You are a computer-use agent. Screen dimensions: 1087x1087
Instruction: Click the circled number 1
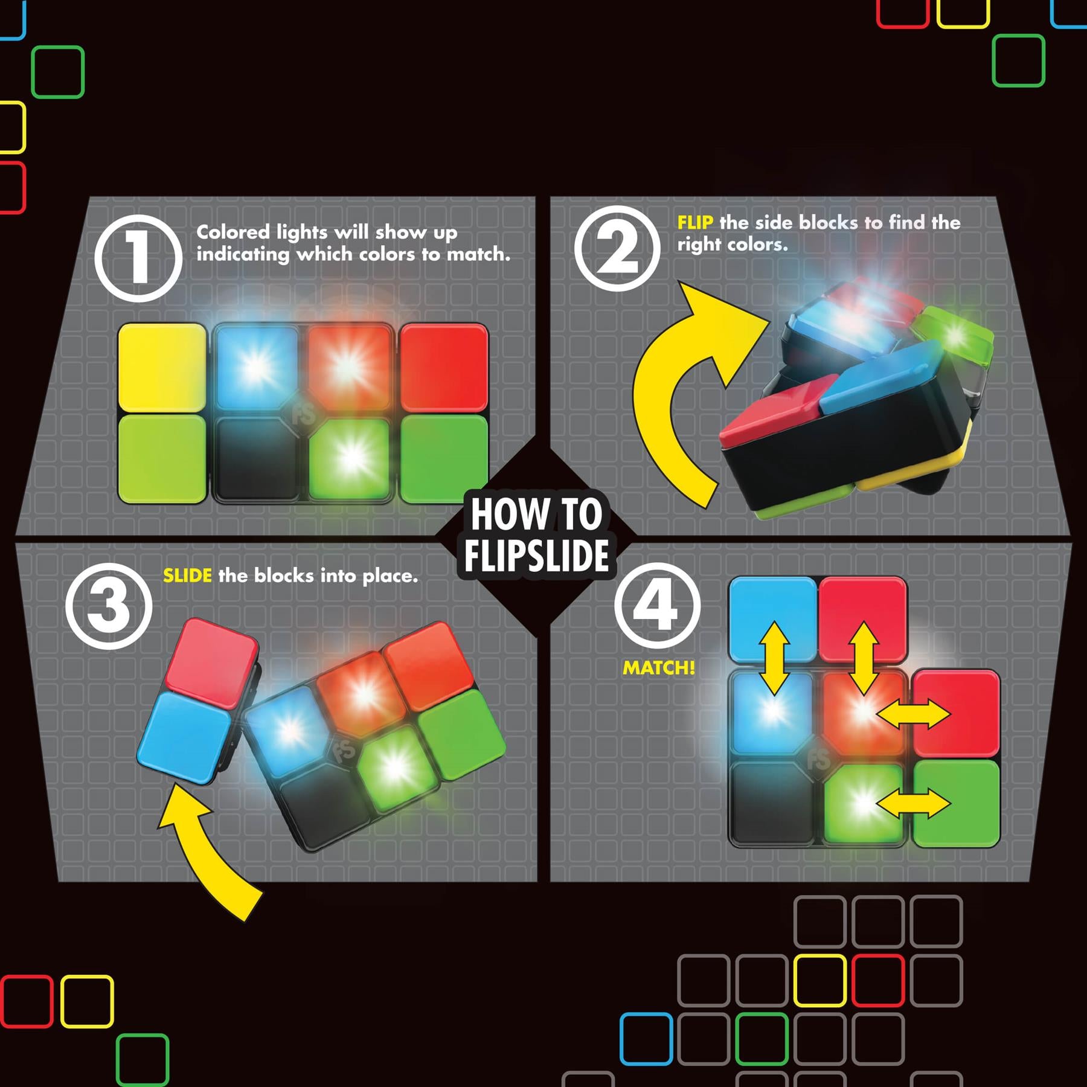(x=138, y=258)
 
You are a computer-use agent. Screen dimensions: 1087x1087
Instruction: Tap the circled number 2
(x=617, y=248)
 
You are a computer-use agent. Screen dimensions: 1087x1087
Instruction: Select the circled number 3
(x=109, y=606)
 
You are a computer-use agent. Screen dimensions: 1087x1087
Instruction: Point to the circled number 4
(x=658, y=606)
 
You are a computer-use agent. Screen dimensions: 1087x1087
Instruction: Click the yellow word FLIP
(x=695, y=223)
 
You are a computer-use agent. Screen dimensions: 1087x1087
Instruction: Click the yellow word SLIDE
(x=187, y=576)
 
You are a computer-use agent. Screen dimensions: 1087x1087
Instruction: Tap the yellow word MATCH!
(x=659, y=668)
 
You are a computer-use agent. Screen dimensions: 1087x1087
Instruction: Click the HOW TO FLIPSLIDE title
(x=537, y=535)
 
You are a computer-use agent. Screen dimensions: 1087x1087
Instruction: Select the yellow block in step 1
(x=162, y=368)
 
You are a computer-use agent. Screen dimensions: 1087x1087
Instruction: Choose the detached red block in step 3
(x=212, y=662)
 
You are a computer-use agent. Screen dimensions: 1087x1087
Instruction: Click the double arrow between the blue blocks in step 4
(x=774, y=659)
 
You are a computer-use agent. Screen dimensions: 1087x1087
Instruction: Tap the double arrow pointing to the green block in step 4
(x=913, y=804)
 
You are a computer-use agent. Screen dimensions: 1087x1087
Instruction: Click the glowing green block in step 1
(x=349, y=459)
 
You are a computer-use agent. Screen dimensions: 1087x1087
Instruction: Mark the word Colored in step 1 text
(x=233, y=232)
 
